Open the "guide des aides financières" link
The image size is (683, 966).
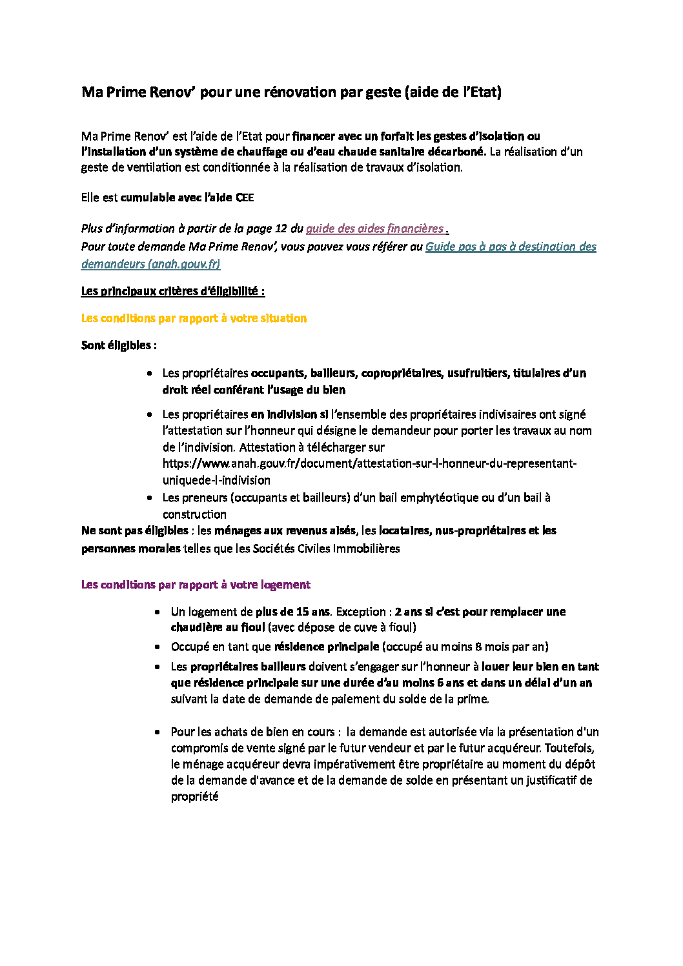374,228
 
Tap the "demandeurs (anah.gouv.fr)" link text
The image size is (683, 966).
150,264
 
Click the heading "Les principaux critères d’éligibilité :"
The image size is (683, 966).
172,291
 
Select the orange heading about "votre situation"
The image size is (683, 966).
194,318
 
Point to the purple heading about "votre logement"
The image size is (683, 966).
196,585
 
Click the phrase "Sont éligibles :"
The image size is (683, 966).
119,345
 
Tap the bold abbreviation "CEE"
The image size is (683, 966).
245,197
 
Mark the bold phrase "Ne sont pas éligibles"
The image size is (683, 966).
134,530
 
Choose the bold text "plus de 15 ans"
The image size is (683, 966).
293,612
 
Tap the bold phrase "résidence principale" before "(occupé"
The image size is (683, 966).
326,647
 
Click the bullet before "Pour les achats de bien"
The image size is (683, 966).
158,732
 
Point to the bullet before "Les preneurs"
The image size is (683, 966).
150,498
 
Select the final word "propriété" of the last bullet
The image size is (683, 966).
194,796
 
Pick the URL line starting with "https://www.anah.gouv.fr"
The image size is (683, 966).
369,463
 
